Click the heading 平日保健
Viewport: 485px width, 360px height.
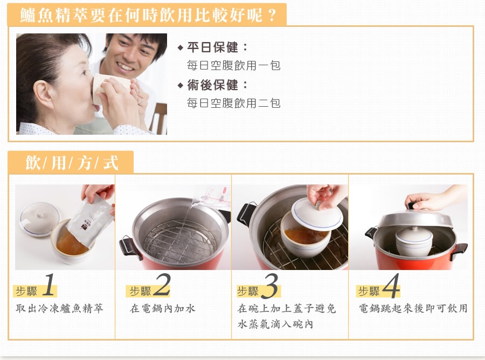(212, 47)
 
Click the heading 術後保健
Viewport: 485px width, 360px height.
(212, 85)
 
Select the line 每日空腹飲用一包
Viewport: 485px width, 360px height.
(233, 66)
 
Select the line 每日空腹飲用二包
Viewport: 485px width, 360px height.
(233, 103)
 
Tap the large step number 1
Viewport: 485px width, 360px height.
(48, 285)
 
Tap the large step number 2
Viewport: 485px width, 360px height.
(162, 285)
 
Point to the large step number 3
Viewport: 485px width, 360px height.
(271, 286)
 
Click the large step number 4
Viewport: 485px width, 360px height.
(391, 286)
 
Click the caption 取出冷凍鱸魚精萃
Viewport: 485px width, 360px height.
(59, 308)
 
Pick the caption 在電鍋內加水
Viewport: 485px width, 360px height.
(163, 308)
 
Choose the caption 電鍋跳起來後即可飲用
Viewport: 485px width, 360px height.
(413, 308)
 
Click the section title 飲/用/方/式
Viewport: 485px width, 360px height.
(72, 163)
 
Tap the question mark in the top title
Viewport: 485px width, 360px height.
(272, 15)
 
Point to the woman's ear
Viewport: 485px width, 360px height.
(43, 95)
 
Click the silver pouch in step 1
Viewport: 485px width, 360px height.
(89, 220)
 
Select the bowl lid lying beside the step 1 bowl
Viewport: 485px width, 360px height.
(39, 219)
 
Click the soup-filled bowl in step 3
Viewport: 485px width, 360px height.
(306, 238)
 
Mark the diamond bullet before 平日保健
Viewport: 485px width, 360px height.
(181, 48)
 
